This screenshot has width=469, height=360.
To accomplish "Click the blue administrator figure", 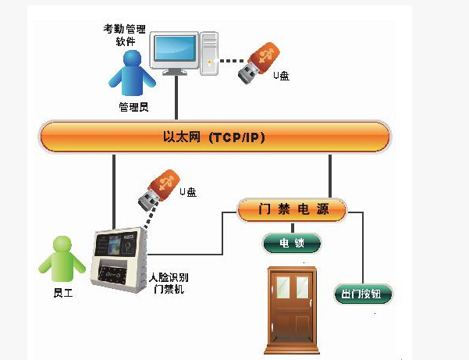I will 130,75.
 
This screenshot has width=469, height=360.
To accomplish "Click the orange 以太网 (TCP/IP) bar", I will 215,137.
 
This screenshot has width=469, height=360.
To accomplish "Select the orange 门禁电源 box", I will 291,209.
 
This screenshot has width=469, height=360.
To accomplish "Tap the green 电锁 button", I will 291,244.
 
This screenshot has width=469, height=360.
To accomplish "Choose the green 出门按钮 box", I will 363,295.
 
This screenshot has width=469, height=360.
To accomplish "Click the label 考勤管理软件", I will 124,34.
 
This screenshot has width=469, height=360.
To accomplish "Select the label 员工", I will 63,293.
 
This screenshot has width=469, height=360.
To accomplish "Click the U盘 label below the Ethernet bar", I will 188,191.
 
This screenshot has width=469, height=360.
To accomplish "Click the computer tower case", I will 209,52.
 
